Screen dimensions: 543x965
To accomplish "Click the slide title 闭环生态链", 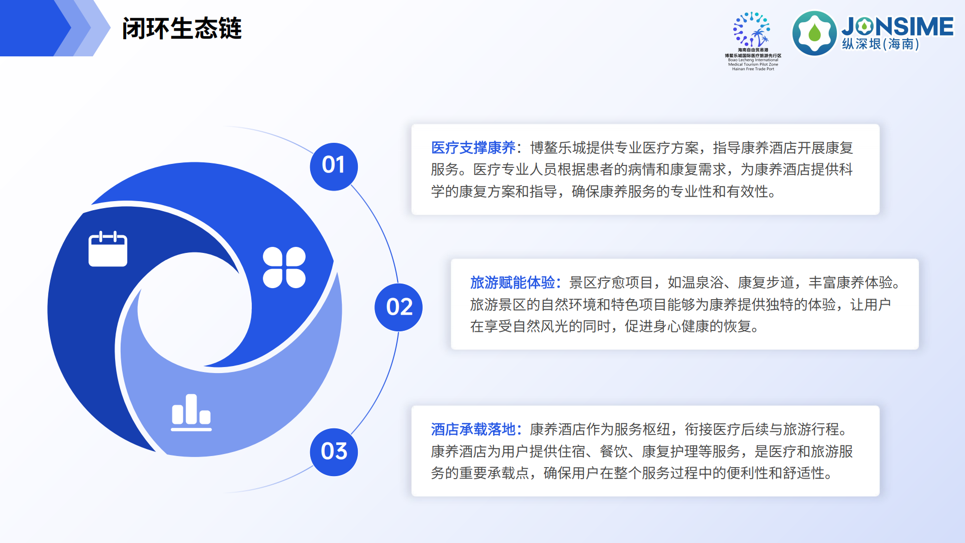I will coord(181,29).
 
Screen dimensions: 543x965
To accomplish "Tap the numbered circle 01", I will coord(334,166).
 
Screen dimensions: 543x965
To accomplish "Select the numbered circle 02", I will coord(399,307).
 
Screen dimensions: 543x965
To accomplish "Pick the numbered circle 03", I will coord(334,451).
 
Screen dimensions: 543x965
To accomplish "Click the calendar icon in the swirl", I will coord(108,249).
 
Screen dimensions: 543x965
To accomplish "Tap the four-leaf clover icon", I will coord(284,267).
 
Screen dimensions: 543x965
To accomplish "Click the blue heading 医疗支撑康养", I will coord(473,148).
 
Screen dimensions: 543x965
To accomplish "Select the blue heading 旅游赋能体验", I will coord(512,283).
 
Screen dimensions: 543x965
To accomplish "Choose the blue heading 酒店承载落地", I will coord(473,429).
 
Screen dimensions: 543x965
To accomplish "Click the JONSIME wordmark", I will coord(897,26).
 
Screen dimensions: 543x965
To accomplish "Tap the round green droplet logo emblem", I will coord(814,33).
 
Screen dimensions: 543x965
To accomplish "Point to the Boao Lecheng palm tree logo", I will coord(752,30).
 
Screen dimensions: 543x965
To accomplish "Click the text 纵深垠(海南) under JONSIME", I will coord(881,44).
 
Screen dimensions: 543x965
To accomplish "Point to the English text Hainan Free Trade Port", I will coord(753,69).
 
